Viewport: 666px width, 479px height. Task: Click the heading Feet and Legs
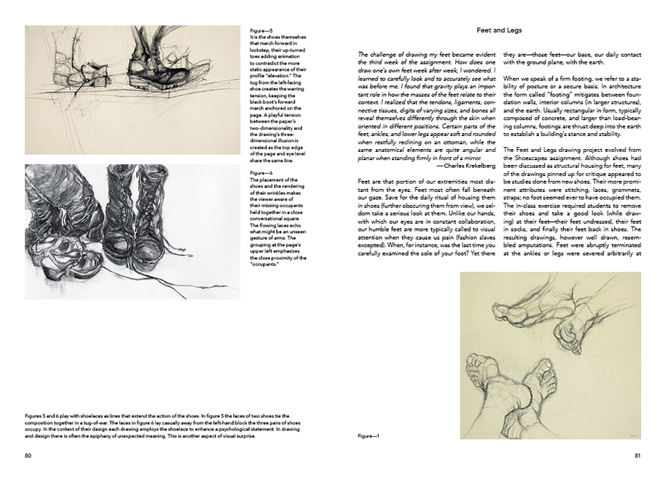[x=499, y=31]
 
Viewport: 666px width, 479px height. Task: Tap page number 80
[x=28, y=455]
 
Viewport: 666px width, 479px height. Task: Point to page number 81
[x=637, y=455]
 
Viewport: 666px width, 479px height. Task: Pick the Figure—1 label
[x=368, y=436]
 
